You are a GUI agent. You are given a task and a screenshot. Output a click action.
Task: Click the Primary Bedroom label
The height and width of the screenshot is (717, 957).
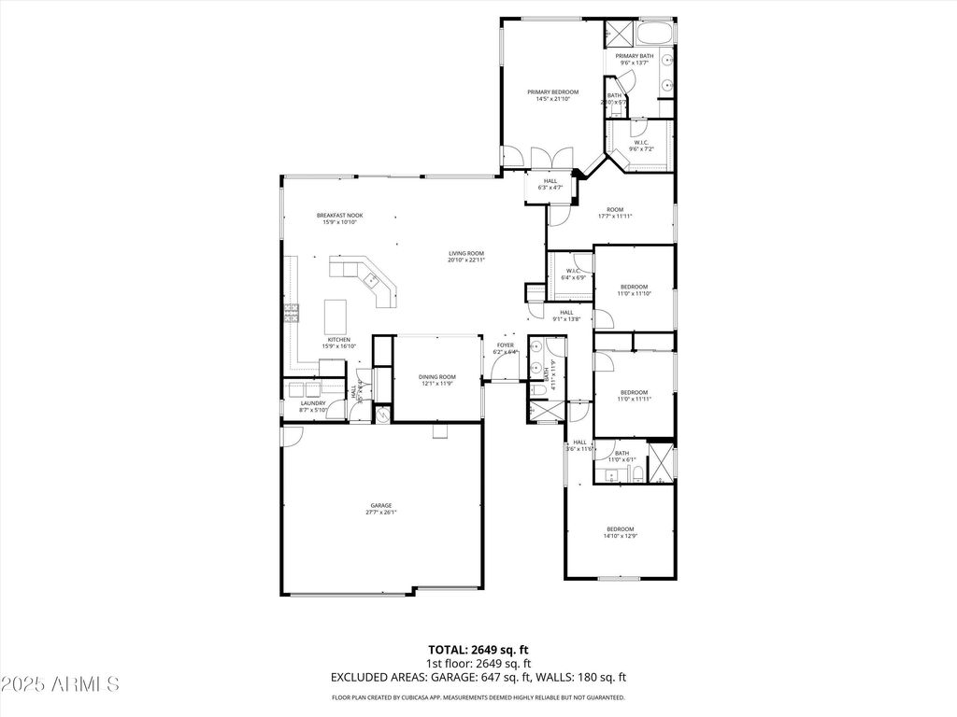click(x=552, y=91)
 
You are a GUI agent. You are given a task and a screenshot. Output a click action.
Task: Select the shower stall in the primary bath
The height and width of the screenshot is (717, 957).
click(x=617, y=33)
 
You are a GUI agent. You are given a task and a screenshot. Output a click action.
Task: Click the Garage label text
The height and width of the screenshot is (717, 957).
click(x=380, y=505)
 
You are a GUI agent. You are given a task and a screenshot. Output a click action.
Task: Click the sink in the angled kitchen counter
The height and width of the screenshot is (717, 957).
click(x=370, y=278)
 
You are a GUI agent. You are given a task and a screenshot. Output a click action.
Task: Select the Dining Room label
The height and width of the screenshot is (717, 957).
click(x=436, y=376)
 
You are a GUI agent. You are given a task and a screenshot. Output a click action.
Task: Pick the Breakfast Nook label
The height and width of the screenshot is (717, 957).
click(x=339, y=216)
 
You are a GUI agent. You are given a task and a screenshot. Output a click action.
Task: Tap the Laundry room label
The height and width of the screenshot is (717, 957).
click(x=313, y=403)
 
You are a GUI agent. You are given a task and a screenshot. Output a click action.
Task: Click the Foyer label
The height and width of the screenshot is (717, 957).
click(x=506, y=345)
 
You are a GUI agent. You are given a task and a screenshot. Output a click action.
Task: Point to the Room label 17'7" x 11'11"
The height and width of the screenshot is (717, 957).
click(x=615, y=209)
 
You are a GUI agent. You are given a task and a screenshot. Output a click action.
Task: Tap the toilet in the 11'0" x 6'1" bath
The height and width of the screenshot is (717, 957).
click(x=636, y=476)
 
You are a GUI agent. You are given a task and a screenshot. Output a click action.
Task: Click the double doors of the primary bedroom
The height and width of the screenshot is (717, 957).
click(x=545, y=158)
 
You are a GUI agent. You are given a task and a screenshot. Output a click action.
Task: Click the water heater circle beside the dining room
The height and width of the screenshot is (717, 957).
click(x=383, y=412)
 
